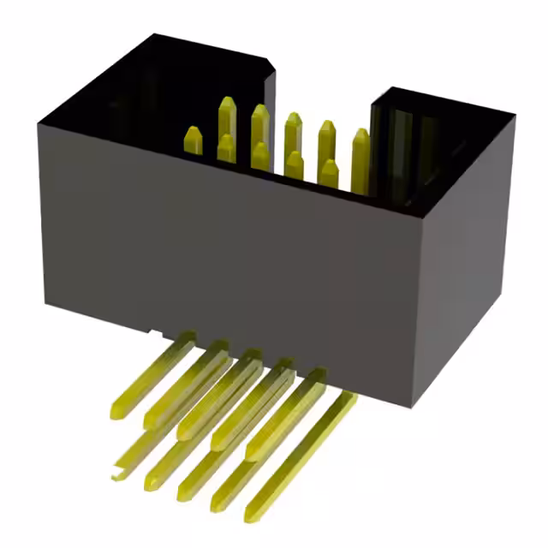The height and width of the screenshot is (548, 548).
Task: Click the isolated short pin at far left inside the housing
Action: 194,140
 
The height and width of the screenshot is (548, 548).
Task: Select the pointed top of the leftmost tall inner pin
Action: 227,107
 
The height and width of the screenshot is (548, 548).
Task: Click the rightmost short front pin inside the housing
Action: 328,171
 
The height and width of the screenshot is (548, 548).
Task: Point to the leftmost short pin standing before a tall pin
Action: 226,147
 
